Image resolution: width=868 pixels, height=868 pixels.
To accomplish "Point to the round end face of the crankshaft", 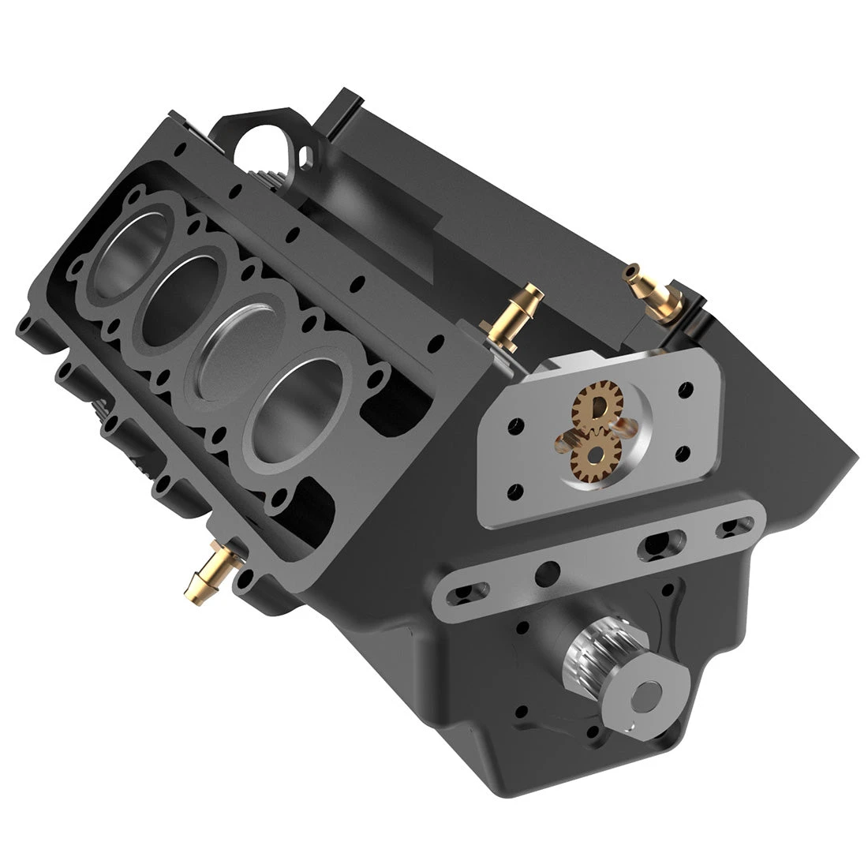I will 649,694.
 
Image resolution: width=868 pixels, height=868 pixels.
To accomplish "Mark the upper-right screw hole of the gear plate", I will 686,390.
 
